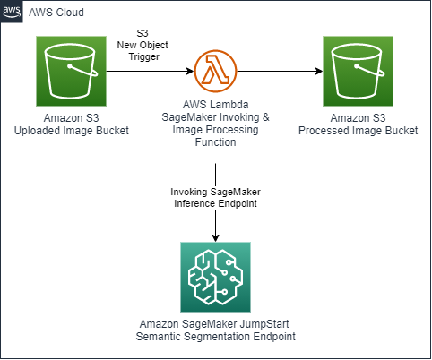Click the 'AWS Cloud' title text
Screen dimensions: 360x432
coord(57,13)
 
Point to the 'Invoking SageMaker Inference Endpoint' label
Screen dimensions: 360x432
coord(216,197)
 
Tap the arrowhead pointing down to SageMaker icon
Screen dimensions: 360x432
coord(216,237)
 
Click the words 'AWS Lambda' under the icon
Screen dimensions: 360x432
coord(216,107)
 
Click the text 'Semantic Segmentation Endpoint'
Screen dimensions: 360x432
coord(216,336)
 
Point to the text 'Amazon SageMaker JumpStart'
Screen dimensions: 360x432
coord(216,322)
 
